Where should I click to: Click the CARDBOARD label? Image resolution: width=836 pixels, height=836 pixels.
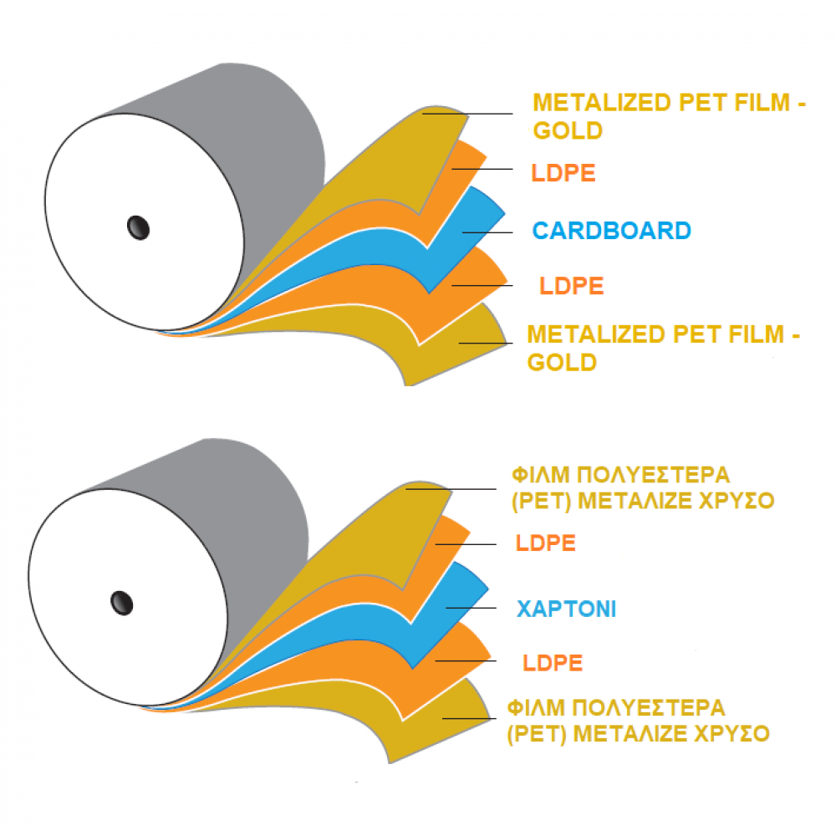611,231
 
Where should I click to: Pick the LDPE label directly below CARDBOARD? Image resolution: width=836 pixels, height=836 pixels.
572,286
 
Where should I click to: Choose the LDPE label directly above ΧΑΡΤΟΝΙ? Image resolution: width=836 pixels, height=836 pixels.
546,543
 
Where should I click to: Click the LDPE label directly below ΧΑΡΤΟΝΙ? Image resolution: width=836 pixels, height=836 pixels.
553,664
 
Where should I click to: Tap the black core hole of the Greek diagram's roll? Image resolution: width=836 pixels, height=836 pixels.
122,600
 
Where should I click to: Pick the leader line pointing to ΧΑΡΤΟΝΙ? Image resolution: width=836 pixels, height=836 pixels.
472,608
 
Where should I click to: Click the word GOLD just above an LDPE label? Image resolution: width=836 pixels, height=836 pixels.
568,131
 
